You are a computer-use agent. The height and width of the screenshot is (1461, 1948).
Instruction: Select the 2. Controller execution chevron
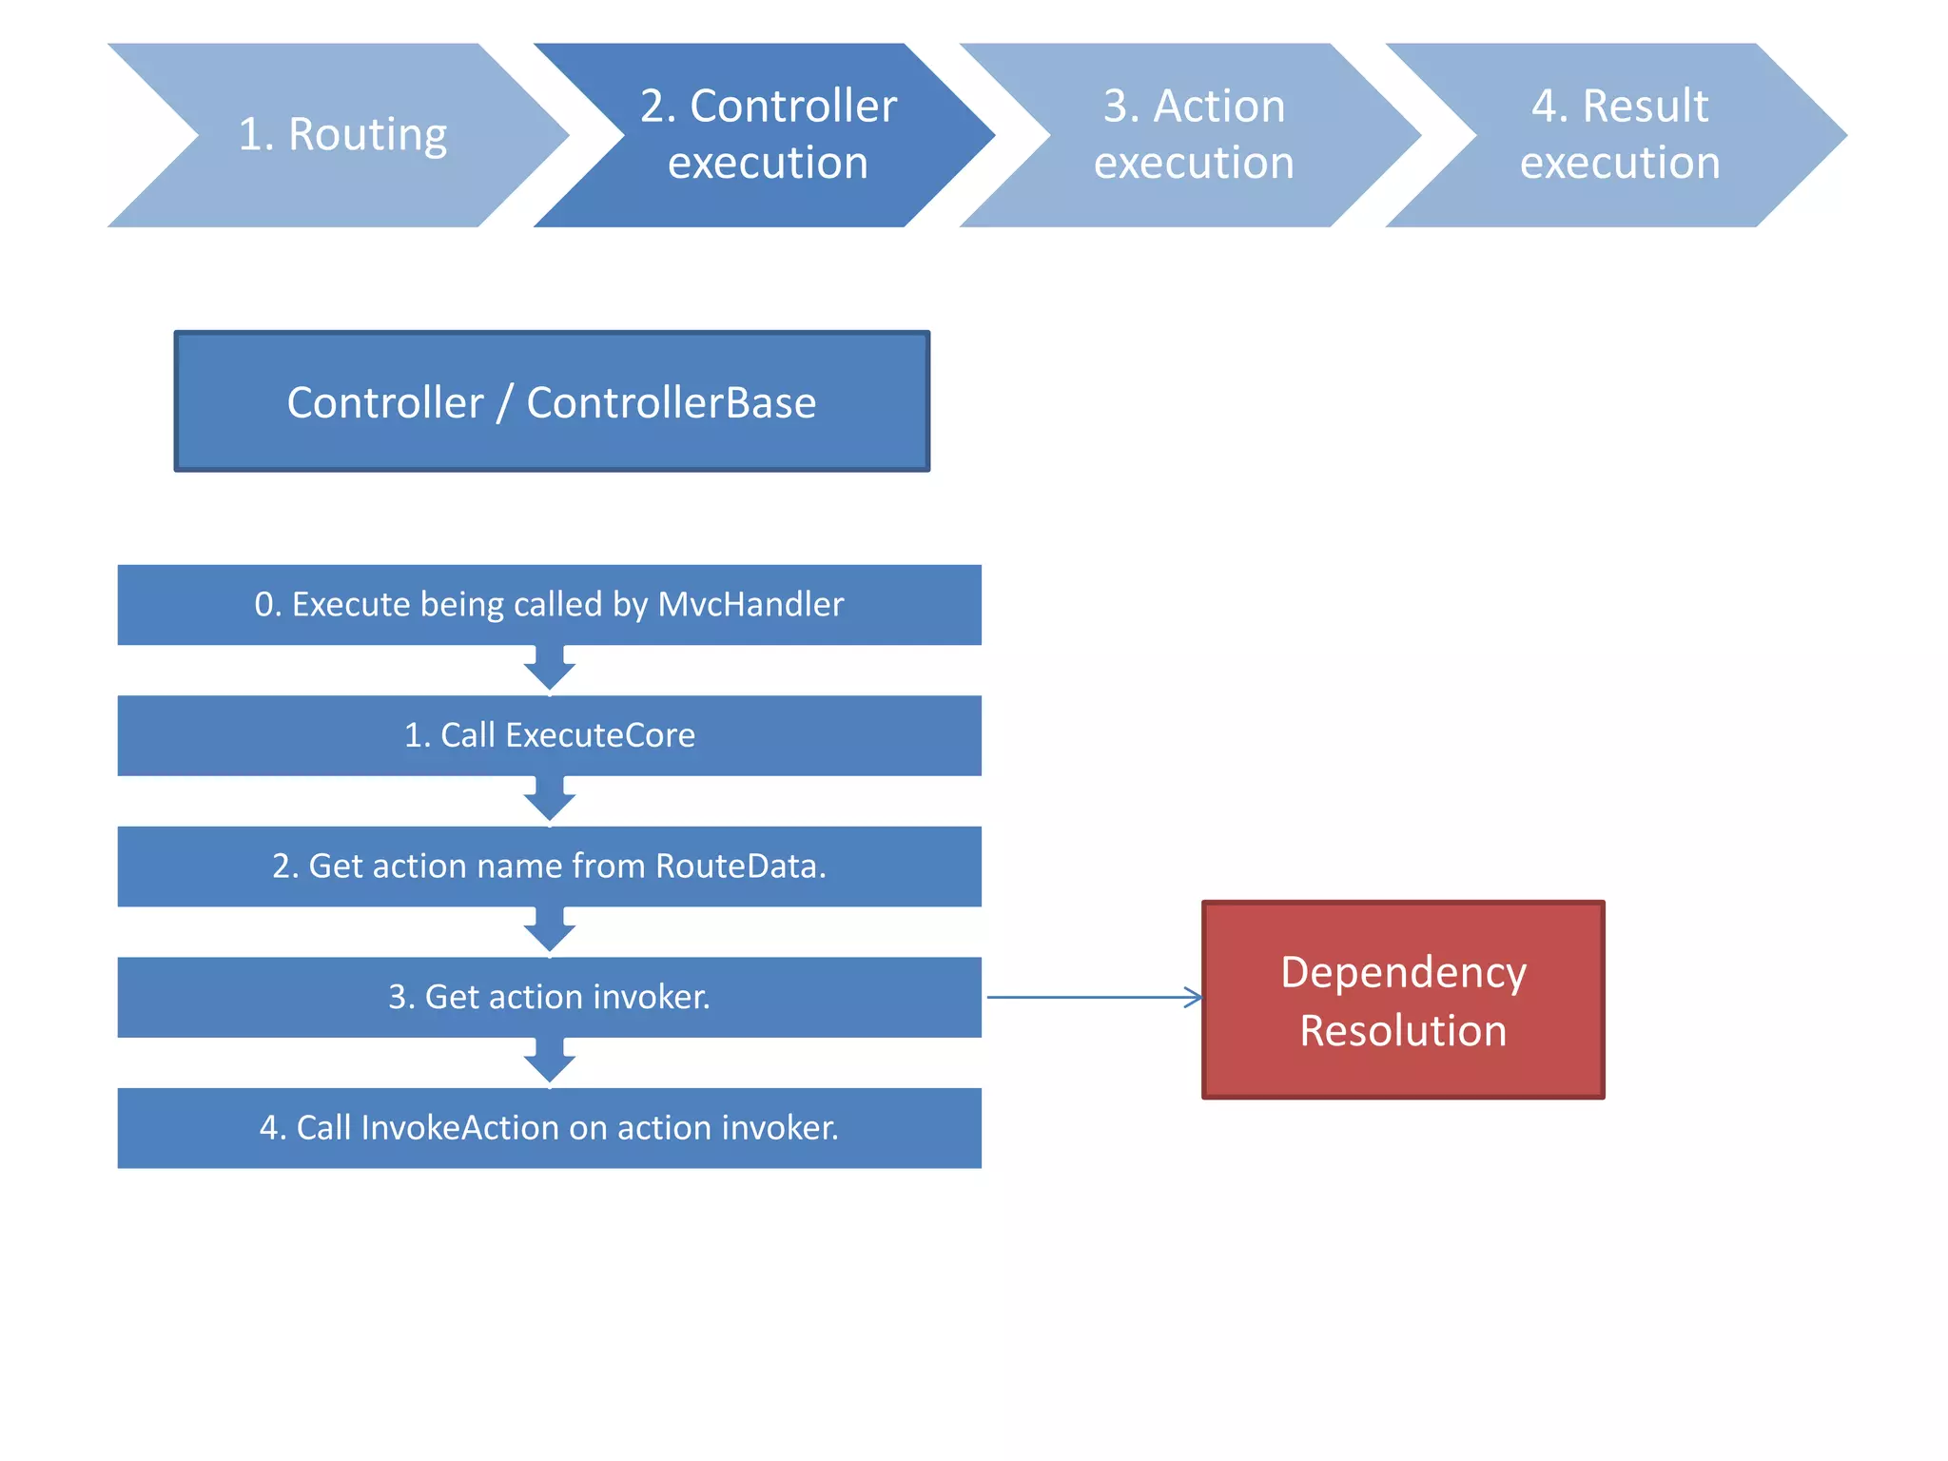point(767,135)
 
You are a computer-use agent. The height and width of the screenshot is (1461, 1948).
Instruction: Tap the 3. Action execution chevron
point(1193,135)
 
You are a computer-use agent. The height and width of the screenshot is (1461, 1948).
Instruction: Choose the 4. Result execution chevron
point(1619,135)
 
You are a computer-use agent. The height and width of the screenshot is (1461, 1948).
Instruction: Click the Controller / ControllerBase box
point(552,401)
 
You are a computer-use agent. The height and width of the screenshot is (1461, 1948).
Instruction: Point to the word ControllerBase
point(671,402)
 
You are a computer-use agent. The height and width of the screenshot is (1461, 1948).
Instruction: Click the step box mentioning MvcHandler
point(549,605)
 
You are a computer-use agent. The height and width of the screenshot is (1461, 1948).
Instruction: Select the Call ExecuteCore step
point(549,735)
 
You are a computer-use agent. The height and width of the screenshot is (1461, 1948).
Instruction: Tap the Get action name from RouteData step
point(549,867)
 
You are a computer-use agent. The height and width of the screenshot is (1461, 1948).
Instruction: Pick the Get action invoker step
point(549,997)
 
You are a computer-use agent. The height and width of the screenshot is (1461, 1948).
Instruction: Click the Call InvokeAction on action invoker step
point(549,1128)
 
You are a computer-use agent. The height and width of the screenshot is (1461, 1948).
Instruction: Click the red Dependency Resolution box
point(1403,1000)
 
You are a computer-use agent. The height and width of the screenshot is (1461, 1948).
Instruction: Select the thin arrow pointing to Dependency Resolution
point(1094,997)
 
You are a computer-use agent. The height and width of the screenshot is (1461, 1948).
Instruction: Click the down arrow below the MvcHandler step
point(550,669)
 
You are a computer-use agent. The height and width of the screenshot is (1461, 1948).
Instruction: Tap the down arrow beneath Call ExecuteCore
point(550,800)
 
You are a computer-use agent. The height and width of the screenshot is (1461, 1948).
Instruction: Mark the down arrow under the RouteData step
point(550,930)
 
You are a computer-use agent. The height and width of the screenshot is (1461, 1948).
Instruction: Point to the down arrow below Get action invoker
point(550,1062)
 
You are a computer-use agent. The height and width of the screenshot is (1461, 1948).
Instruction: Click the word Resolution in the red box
point(1403,1031)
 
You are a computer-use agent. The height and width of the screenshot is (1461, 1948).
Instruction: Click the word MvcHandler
point(750,605)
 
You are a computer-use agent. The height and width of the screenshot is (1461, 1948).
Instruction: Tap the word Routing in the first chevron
point(367,135)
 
